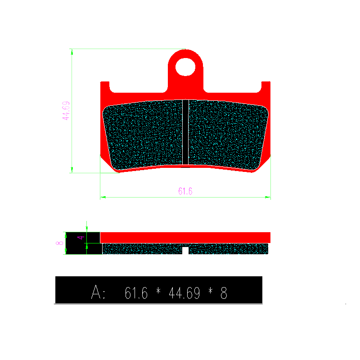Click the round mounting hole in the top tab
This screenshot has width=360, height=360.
click(x=185, y=67)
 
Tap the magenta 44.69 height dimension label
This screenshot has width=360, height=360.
click(x=66, y=111)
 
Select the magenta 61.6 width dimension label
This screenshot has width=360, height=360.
click(x=185, y=191)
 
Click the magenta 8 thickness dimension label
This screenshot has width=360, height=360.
click(x=59, y=243)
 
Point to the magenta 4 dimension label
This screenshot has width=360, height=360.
click(x=81, y=238)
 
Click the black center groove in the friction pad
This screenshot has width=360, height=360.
click(x=185, y=132)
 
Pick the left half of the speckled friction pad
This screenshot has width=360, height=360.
click(x=143, y=135)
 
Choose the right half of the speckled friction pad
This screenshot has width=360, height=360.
click(x=228, y=135)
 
